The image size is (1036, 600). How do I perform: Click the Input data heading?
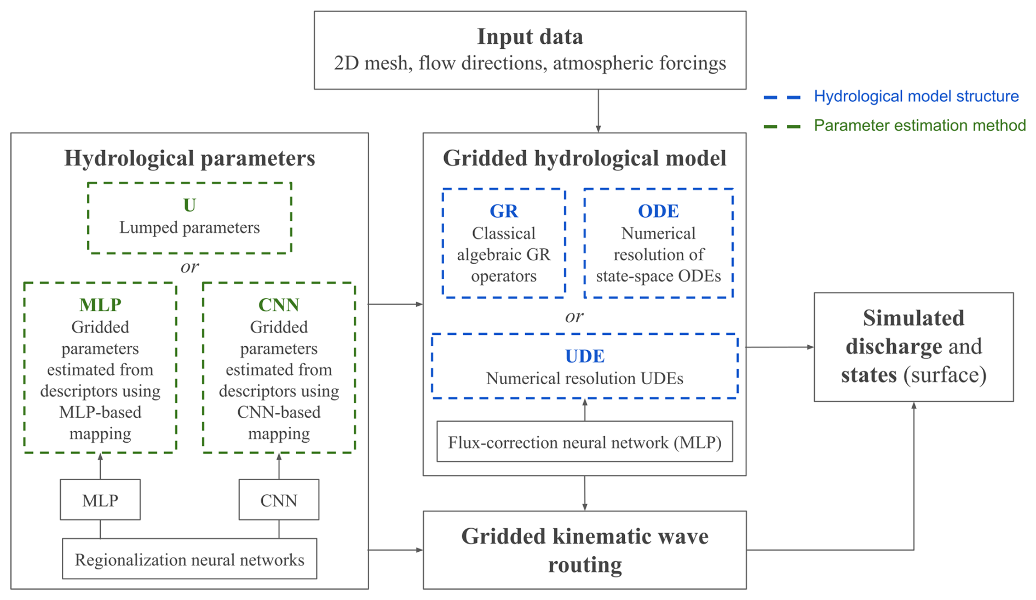[529, 37]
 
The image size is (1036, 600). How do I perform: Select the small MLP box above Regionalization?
[100, 500]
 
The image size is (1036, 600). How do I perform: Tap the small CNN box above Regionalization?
[279, 500]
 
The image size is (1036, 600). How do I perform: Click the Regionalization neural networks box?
[189, 559]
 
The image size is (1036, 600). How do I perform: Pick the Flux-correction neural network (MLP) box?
[584, 442]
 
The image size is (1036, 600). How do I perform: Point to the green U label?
[189, 205]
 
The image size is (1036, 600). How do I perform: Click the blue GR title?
[504, 211]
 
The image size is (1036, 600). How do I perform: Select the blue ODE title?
[658, 211]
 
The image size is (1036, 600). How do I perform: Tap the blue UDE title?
[585, 356]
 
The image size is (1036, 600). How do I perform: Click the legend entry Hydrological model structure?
[916, 96]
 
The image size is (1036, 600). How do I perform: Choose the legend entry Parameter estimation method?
[919, 125]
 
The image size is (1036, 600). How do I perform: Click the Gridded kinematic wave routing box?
[584, 550]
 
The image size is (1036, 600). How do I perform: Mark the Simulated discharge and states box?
[913, 347]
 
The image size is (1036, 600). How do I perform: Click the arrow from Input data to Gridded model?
[598, 111]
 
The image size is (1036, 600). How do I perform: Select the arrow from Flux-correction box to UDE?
[585, 409]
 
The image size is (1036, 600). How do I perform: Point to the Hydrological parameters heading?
[189, 158]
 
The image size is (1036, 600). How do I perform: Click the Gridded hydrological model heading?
[584, 158]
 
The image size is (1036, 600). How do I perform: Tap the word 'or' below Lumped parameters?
[189, 267]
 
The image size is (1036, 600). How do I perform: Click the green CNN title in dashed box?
[279, 305]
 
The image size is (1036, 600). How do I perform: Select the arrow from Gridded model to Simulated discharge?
[780, 347]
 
